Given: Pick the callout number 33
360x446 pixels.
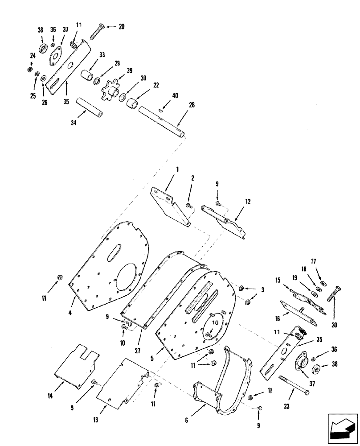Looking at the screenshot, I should click(x=102, y=56).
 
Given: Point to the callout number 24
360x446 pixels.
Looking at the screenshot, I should click(x=33, y=56).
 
